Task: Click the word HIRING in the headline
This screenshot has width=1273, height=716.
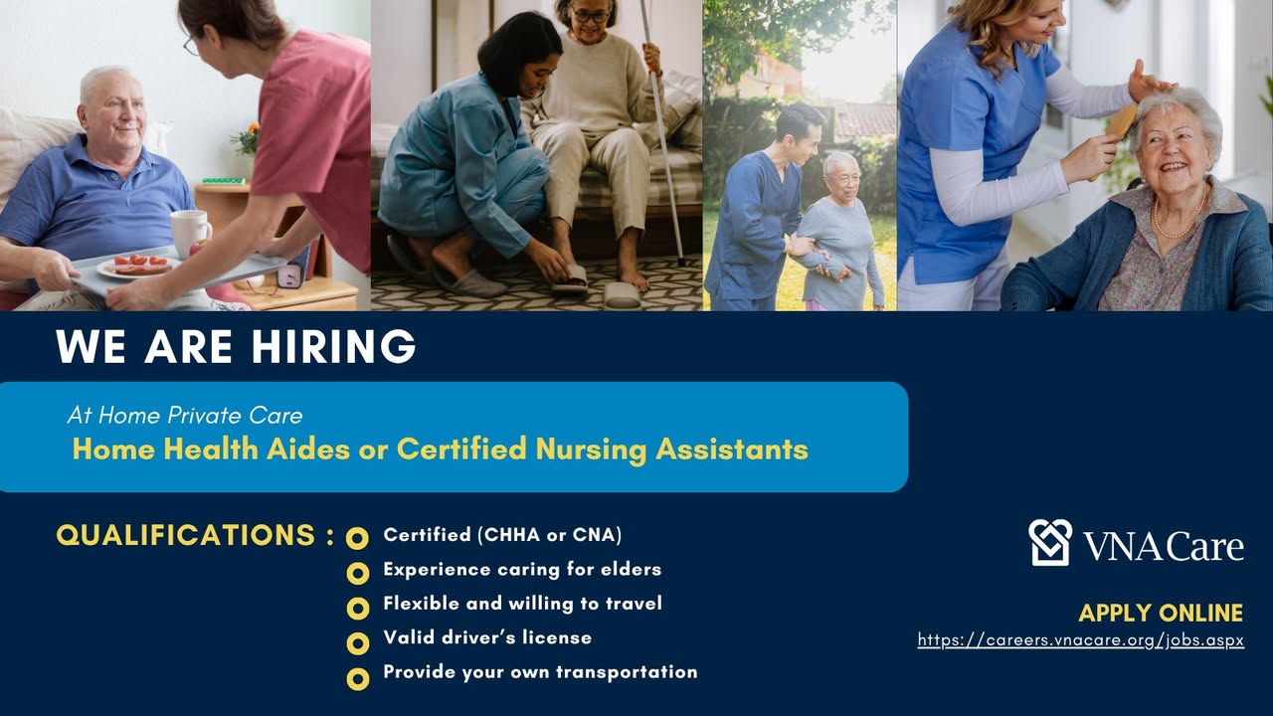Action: tap(334, 346)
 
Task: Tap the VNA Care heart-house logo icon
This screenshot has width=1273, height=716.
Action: tap(1050, 542)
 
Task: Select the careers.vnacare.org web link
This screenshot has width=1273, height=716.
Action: tap(1081, 639)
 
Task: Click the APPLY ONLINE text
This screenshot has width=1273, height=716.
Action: tap(1161, 614)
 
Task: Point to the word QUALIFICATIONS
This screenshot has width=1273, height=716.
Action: tap(185, 535)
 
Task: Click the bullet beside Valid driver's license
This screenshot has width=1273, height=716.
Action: tap(357, 643)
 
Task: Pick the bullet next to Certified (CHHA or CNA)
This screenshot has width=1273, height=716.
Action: tap(357, 538)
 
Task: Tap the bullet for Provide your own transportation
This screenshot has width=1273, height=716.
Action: tap(357, 678)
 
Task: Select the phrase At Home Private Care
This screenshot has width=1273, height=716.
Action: tap(185, 416)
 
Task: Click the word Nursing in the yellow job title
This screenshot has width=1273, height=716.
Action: tap(591, 449)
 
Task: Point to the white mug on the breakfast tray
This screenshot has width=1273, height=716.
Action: tap(190, 234)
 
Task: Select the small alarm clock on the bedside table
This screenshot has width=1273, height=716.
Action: tap(289, 275)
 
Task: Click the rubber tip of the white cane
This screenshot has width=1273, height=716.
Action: tap(681, 262)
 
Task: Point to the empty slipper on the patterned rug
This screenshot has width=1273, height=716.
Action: tap(622, 296)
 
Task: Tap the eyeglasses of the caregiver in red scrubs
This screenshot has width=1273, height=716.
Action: tap(190, 47)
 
